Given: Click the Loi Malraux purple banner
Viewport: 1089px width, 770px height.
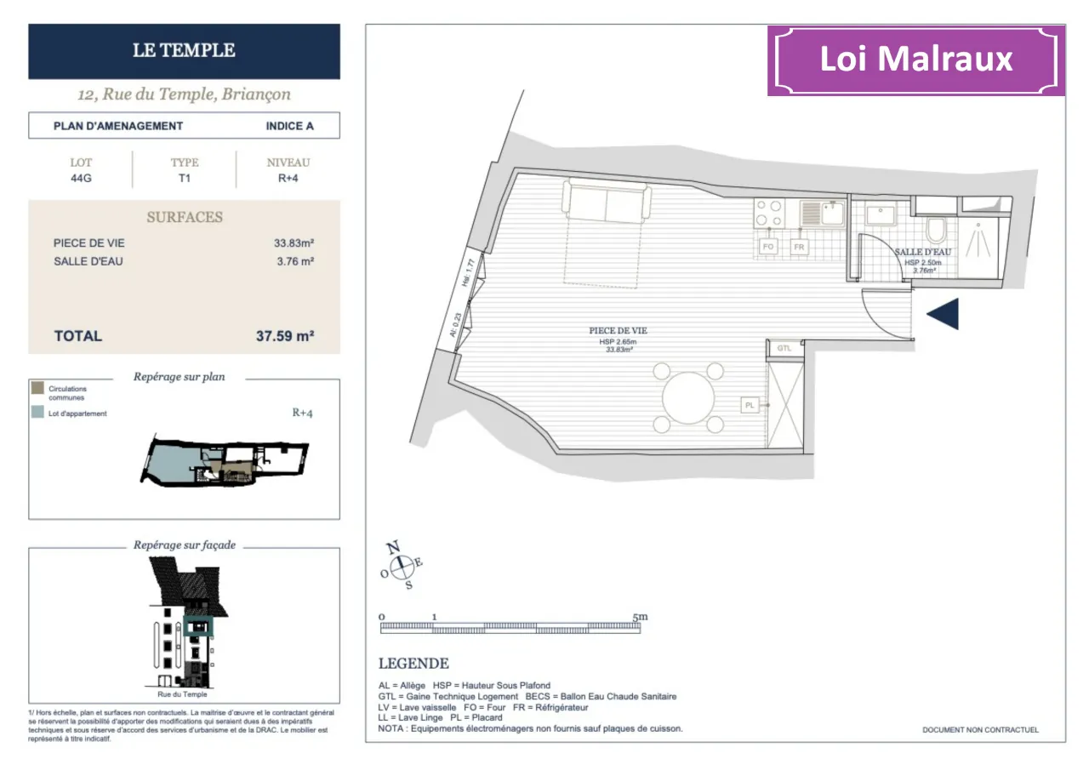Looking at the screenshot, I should tap(916, 60).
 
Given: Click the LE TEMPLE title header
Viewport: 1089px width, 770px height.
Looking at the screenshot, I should tap(184, 50).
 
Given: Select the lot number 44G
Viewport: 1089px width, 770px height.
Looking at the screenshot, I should tap(82, 179).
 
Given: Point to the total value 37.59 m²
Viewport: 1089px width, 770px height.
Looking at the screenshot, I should tap(285, 336).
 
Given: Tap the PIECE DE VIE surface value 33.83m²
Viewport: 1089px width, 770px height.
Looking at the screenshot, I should tap(294, 243).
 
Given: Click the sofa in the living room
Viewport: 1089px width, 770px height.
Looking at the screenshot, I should tap(606, 202).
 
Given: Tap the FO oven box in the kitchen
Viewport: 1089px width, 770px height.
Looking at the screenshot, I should tap(768, 247).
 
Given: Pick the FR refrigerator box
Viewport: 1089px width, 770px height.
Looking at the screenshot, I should tap(799, 247).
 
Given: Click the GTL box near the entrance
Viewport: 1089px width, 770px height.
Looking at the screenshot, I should tap(784, 348).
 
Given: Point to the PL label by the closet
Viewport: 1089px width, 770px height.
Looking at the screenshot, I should tap(750, 406).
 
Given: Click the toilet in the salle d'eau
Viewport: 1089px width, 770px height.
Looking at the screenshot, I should tap(936, 230).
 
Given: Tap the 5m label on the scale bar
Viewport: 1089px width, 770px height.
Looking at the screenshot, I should tap(640, 616).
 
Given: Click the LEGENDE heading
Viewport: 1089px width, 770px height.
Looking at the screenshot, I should tap(413, 664).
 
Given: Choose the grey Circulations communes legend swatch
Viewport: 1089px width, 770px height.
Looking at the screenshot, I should tap(37, 389).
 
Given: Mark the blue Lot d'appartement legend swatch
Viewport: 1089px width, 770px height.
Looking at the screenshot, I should tap(37, 413).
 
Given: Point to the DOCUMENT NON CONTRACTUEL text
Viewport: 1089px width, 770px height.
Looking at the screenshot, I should tap(980, 730).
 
